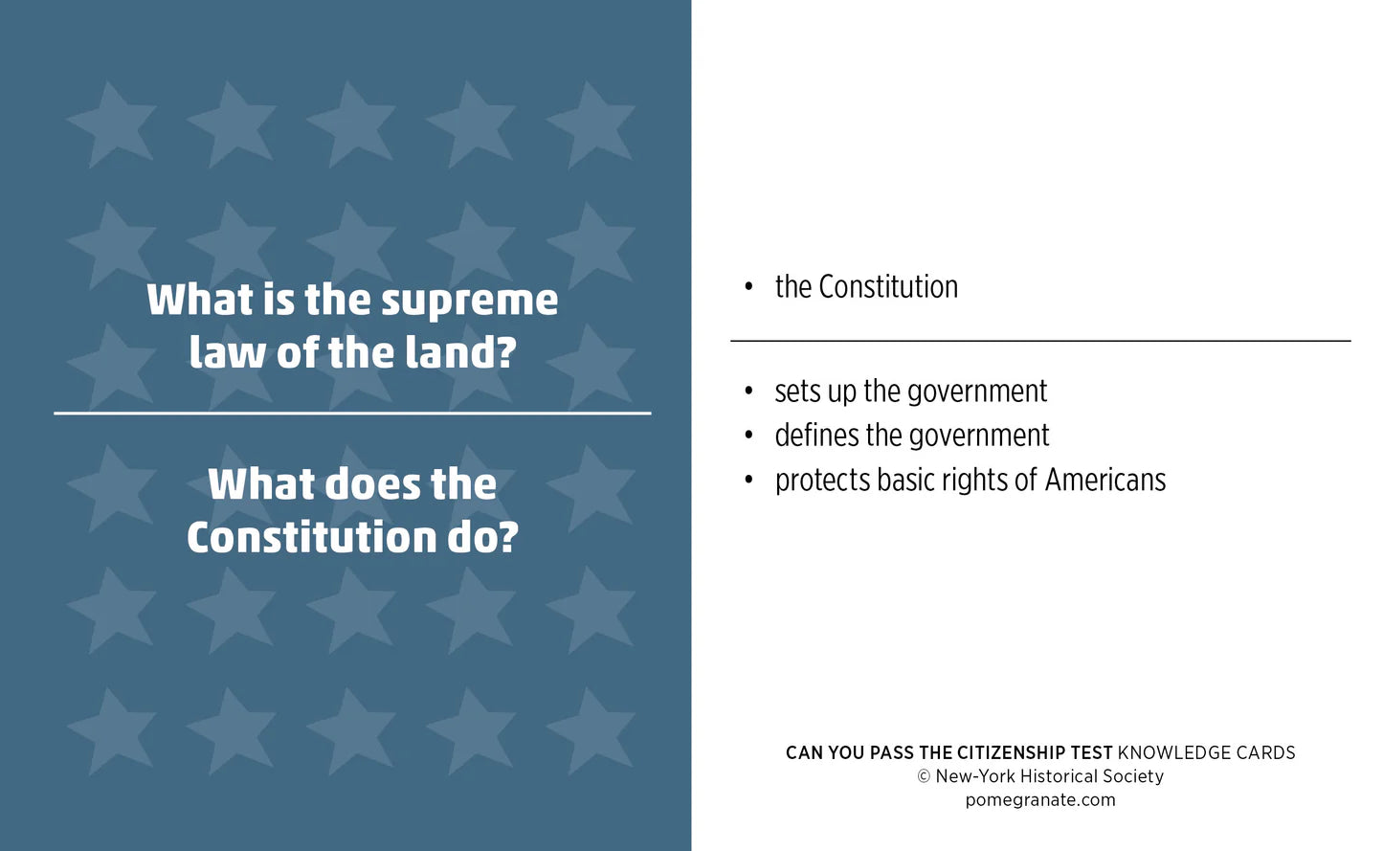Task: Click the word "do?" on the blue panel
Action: click(482, 537)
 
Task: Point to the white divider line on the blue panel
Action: click(352, 414)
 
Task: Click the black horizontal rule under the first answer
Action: click(1040, 341)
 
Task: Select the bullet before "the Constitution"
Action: click(749, 287)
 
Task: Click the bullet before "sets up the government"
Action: click(749, 392)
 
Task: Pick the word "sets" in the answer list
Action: click(797, 392)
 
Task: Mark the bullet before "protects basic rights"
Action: click(749, 480)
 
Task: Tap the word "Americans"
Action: click(1105, 480)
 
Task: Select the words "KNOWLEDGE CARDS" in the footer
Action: click(1206, 753)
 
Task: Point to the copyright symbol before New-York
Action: click(924, 776)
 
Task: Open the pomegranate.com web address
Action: click(1040, 800)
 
